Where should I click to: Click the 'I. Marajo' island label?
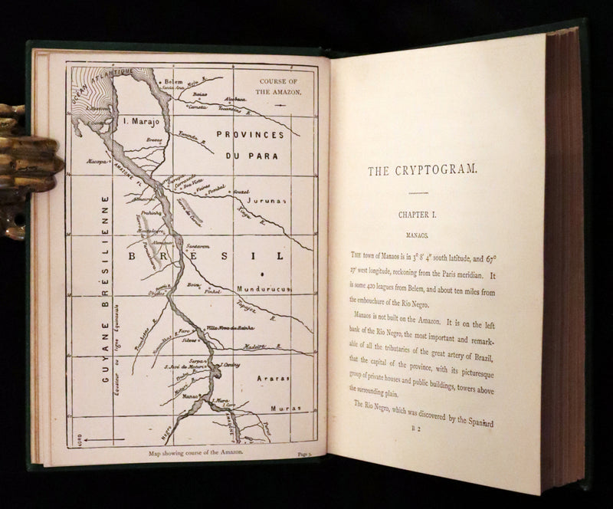(146, 120)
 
